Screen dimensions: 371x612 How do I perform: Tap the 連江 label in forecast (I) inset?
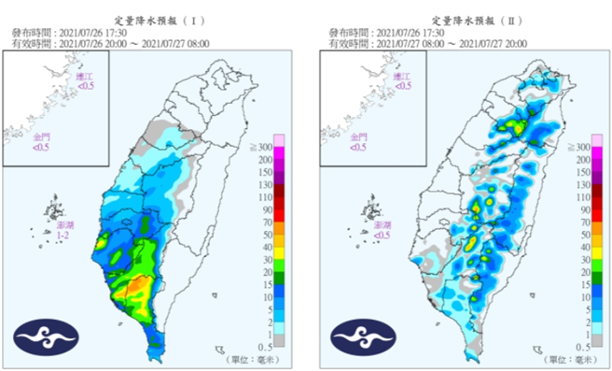86,80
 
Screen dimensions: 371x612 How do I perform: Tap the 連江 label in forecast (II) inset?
403,80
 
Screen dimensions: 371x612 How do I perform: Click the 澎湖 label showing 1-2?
62,230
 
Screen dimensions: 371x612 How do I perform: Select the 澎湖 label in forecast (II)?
380,230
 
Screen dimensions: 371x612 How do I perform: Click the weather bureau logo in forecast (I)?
44,334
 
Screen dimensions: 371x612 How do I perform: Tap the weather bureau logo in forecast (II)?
361,334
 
